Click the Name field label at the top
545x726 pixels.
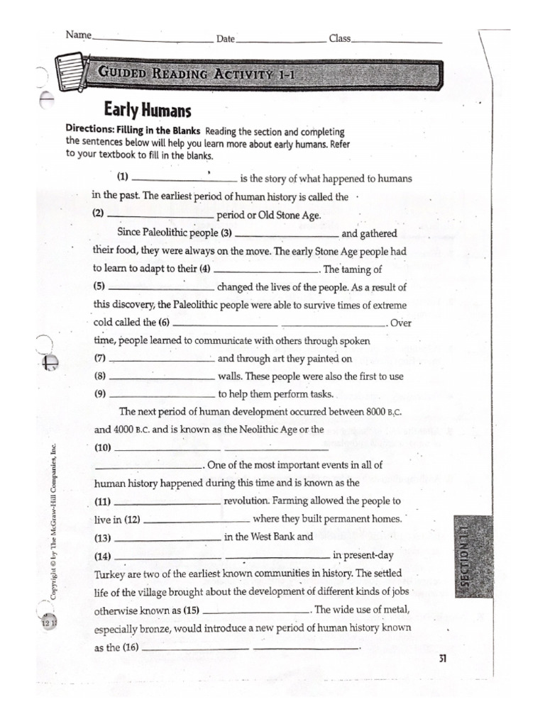pyautogui.click(x=79, y=34)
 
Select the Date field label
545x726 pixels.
pyautogui.click(x=226, y=39)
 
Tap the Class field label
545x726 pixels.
pyautogui.click(x=339, y=38)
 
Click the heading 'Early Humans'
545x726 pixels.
pyautogui.click(x=148, y=110)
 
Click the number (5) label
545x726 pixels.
pyautogui.click(x=99, y=287)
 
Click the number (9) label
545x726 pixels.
pyautogui.click(x=99, y=395)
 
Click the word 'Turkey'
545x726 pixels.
pyautogui.click(x=111, y=574)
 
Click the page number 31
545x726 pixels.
pyautogui.click(x=443, y=659)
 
